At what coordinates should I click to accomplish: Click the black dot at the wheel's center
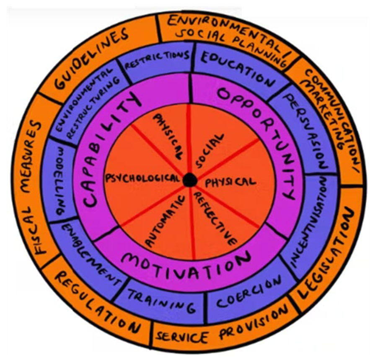[190, 180]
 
